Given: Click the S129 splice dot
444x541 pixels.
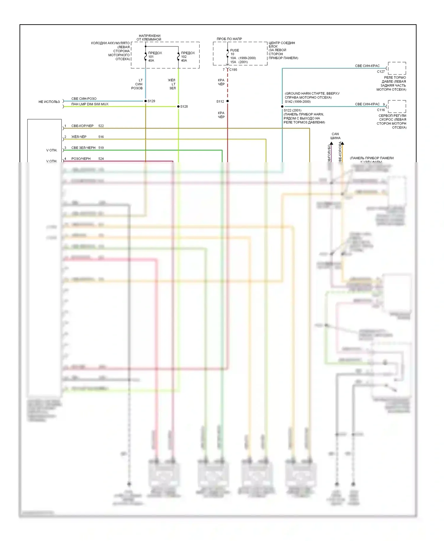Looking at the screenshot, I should point(145,101).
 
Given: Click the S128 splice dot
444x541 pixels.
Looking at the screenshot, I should point(178,107).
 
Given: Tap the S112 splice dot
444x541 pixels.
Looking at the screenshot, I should point(228,101).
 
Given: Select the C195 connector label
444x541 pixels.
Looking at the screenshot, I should point(233,70).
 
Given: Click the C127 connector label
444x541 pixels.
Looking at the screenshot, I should point(381,72).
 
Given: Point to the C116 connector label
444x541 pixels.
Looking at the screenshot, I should point(381,110).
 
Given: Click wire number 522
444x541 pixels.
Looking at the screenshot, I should point(101,126).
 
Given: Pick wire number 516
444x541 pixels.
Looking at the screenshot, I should point(101,137).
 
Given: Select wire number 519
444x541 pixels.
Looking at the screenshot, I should point(101,148).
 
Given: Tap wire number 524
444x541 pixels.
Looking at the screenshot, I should point(101,159).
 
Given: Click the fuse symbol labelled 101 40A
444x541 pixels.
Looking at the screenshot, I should point(145,57).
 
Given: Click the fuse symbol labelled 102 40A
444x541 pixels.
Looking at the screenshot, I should point(178,57).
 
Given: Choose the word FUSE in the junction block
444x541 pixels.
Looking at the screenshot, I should point(234,50).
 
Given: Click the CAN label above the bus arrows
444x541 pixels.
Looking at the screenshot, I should point(335,134).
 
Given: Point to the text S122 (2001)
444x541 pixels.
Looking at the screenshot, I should point(292,110).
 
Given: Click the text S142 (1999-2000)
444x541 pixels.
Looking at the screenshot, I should point(298,102).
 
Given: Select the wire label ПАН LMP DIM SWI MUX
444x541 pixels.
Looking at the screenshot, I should point(90,104).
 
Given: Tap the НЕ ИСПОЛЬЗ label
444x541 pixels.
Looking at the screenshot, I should point(49,102).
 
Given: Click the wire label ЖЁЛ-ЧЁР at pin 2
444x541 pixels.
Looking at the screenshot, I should point(79,137).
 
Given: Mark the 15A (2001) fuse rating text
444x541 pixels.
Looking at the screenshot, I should point(239,62).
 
